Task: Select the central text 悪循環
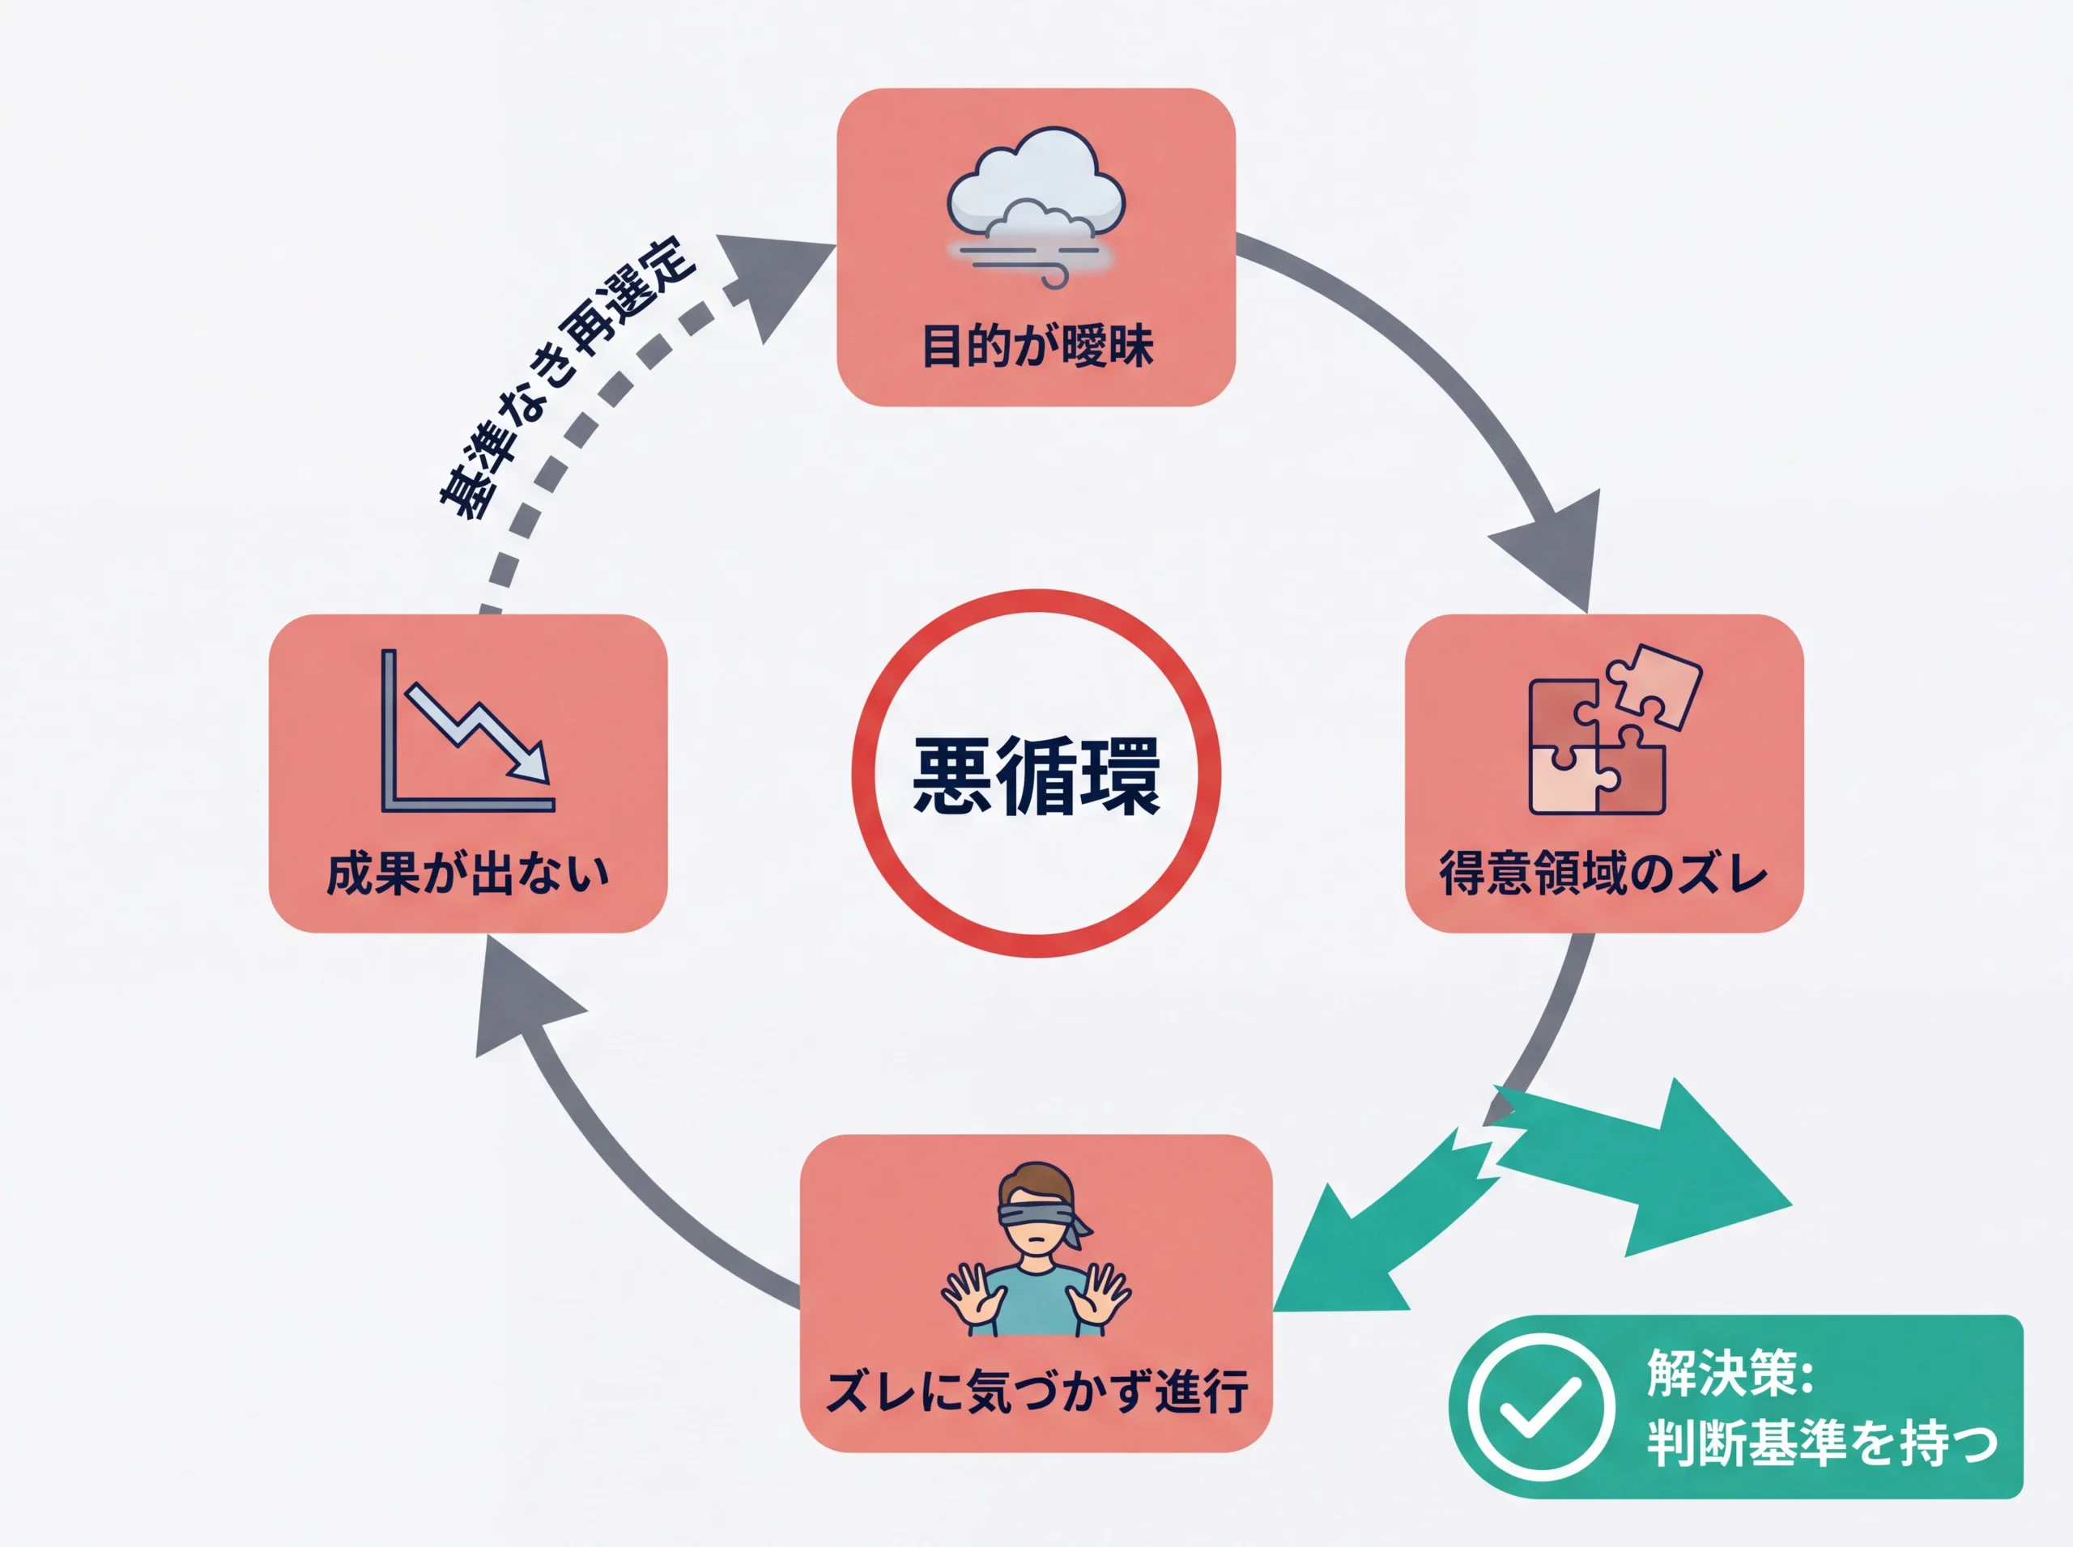(1036, 776)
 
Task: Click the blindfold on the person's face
(1036, 1213)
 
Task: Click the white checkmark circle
(1540, 1406)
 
